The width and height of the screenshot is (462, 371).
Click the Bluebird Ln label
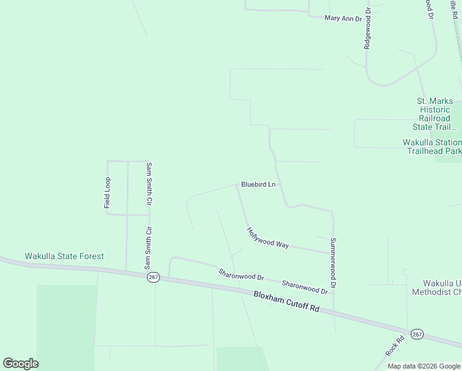point(258,184)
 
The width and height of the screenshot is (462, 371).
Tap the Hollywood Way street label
point(268,238)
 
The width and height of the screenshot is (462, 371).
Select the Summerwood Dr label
point(333,263)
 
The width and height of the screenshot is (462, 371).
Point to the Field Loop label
point(107,192)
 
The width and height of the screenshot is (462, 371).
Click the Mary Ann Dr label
point(343,19)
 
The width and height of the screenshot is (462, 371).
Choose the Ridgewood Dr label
point(367,28)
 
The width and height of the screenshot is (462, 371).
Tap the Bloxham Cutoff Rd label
point(286,302)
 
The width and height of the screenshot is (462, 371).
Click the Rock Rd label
point(395,345)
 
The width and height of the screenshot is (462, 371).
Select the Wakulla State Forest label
point(64,256)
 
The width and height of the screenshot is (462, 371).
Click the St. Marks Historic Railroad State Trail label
point(435,114)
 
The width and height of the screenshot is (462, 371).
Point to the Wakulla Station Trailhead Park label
point(432,147)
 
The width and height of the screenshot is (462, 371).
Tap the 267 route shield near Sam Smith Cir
point(154,278)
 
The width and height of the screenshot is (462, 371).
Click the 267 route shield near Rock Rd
point(417,334)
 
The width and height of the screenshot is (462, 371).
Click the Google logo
point(20,364)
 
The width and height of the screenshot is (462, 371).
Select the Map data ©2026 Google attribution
point(424,366)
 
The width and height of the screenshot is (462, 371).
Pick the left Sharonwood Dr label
point(241,275)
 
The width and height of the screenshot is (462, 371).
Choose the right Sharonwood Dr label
point(304,287)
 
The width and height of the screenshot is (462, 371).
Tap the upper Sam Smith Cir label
point(148,184)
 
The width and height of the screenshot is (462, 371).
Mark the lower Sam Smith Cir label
point(148,248)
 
